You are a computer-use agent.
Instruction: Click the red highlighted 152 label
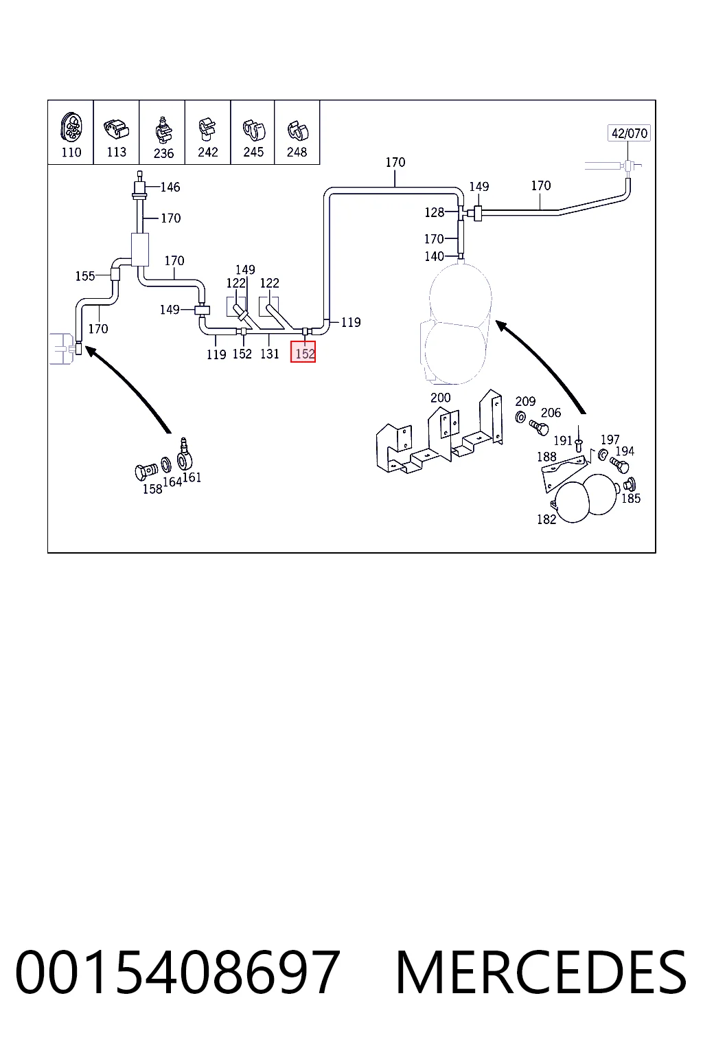point(303,352)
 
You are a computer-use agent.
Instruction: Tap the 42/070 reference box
point(629,133)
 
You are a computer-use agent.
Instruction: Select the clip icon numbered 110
point(71,126)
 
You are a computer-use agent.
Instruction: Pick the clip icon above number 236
point(163,131)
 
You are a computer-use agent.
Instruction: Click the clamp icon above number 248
point(297,131)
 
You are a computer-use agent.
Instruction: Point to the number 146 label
point(170,187)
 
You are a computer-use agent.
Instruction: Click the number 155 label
point(84,276)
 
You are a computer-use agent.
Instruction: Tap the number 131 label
point(270,354)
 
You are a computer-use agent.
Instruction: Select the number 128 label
point(434,212)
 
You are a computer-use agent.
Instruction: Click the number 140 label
point(434,256)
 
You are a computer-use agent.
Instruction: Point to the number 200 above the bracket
point(440,398)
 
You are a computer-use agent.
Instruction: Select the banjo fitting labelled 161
point(185,454)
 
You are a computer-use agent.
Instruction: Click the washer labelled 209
point(520,417)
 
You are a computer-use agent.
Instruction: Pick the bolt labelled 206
point(539,428)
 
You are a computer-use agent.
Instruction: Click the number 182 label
point(546,519)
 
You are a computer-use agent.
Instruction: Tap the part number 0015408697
point(178,973)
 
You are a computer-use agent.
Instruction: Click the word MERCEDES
point(541,973)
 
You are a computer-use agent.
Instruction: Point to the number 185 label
point(631,498)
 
